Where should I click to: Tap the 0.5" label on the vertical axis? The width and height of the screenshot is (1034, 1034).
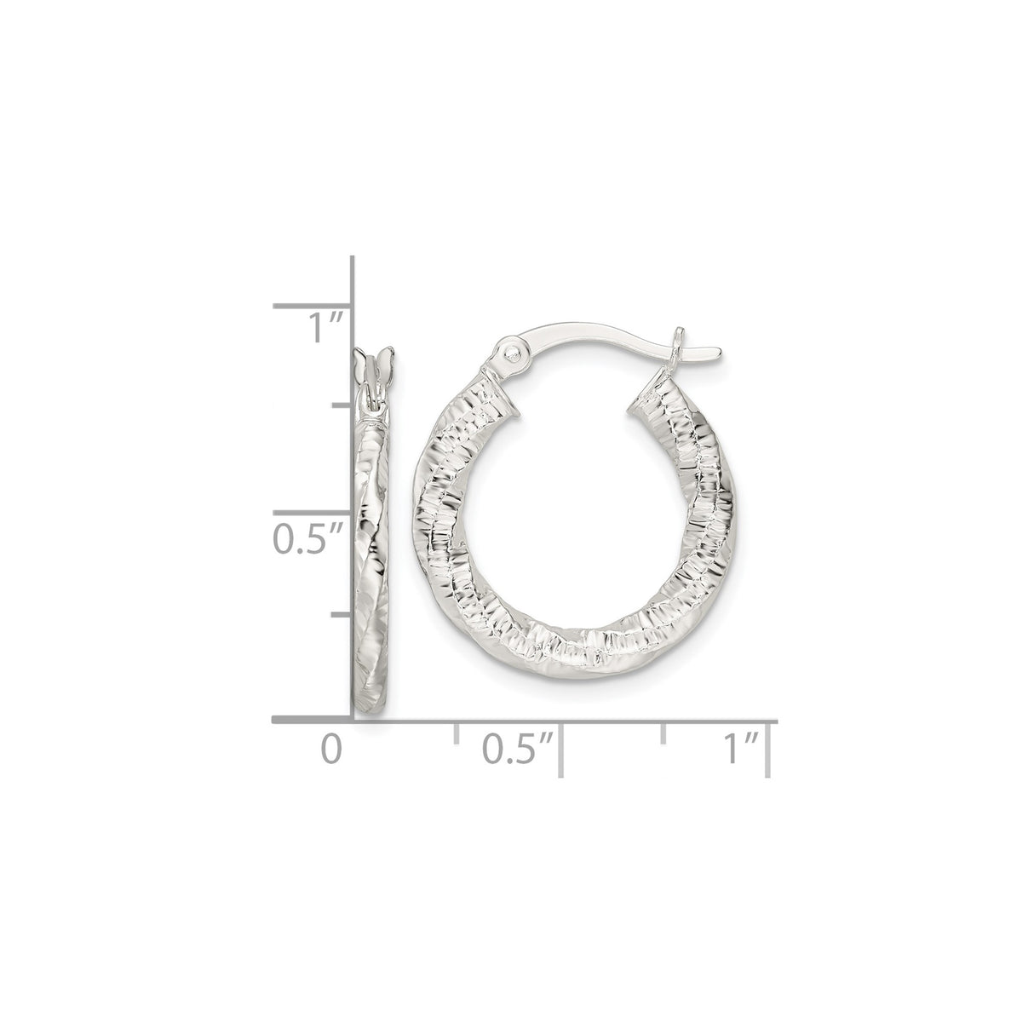tap(307, 539)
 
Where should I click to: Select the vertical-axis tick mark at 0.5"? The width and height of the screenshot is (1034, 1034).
tap(312, 513)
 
